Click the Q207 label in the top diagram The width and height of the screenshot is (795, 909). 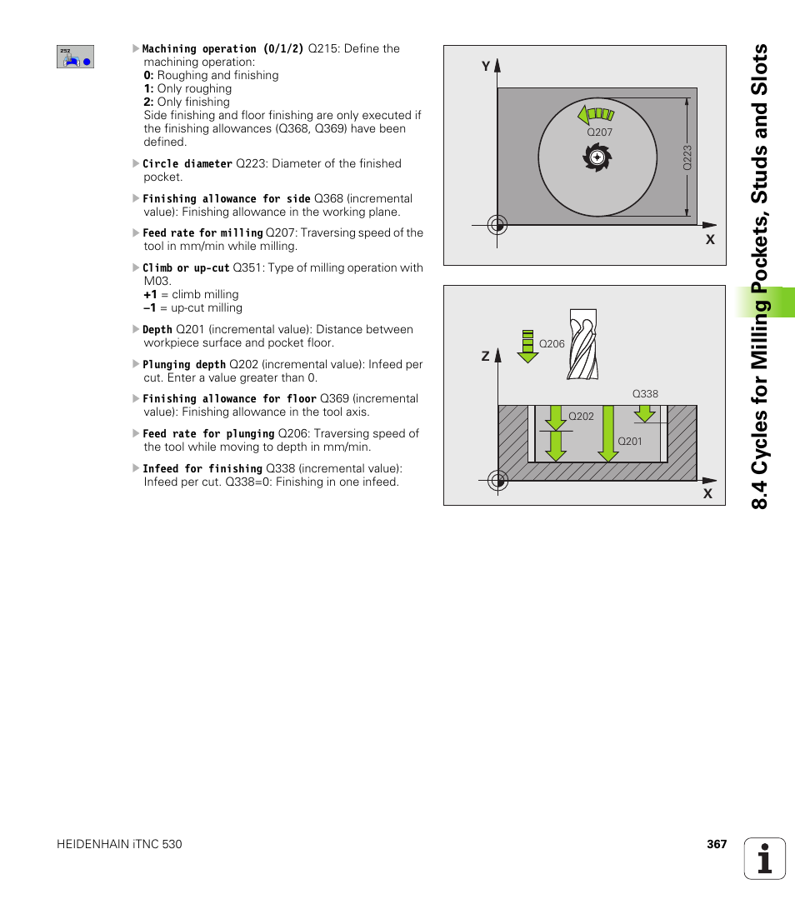pyautogui.click(x=599, y=132)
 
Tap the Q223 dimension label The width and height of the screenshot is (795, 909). pyautogui.click(x=687, y=157)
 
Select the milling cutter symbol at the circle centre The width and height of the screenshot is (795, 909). pyautogui.click(x=597, y=157)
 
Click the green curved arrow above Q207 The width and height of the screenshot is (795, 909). pyautogui.click(x=596, y=114)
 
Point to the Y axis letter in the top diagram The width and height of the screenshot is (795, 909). pyautogui.click(x=486, y=67)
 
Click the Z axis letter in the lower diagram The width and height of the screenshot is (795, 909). pyautogui.click(x=485, y=356)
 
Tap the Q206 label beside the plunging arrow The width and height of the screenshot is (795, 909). pyautogui.click(x=552, y=344)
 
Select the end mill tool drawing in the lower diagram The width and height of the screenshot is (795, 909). pyautogui.click(x=582, y=344)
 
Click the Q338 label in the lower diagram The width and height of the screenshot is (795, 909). pyautogui.click(x=645, y=393)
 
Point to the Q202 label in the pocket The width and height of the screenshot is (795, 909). pyautogui.click(x=581, y=417)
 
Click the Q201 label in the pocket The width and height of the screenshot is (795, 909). pyautogui.click(x=630, y=441)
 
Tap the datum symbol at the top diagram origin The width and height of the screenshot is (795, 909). pyautogui.click(x=497, y=225)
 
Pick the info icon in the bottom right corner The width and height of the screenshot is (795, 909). pyautogui.click(x=765, y=858)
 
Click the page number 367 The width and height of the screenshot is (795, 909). pyautogui.click(x=717, y=844)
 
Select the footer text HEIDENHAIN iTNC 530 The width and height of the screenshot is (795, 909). pyautogui.click(x=119, y=844)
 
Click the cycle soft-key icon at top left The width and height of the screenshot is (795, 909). pyautogui.click(x=75, y=57)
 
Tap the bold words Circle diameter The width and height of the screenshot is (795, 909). pyautogui.click(x=187, y=164)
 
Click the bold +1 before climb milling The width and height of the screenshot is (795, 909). pyautogui.click(x=150, y=294)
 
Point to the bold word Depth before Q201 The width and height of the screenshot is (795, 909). pyautogui.click(x=157, y=330)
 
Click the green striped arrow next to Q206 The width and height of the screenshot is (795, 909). pyautogui.click(x=527, y=347)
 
